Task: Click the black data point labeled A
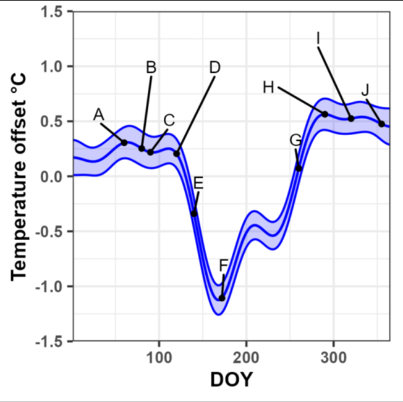coord(124,143)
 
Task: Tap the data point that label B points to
coord(142,149)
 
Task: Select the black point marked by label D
coord(177,153)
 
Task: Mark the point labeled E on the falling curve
coord(194,214)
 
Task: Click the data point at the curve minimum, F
coord(222,298)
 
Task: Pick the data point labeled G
coord(299,168)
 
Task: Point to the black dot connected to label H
coord(325,114)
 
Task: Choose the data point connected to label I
coord(351,119)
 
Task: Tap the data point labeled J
coord(381,124)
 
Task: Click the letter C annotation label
coord(169,120)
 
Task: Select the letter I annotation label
coord(318,38)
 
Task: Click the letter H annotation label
coord(268,88)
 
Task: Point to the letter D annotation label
coord(214,67)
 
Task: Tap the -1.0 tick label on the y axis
coord(54,286)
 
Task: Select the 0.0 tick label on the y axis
coord(57,177)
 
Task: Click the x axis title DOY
coord(231,380)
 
